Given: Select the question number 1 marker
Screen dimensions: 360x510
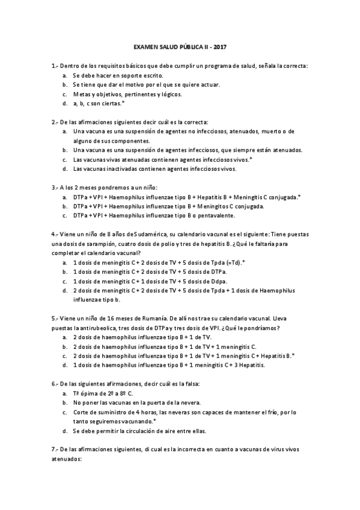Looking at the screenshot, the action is tap(55, 66).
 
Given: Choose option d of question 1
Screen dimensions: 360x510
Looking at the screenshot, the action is tap(64, 103).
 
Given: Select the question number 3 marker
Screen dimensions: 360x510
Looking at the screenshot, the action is tap(55, 187).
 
